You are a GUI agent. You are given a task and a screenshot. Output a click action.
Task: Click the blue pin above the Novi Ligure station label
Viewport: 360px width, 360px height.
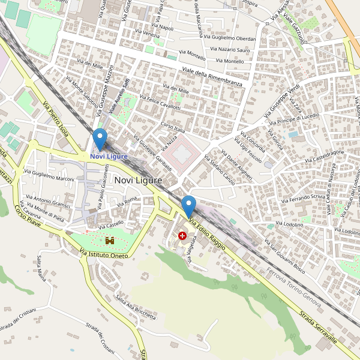100,139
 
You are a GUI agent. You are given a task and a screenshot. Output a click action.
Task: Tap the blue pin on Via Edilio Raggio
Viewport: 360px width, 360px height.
189,206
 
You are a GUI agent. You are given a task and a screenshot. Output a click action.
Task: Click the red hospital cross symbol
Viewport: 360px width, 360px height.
182,236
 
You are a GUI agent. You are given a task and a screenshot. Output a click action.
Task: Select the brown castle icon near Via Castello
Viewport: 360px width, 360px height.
110,240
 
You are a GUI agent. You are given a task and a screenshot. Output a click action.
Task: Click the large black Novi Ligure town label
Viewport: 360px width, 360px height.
138,180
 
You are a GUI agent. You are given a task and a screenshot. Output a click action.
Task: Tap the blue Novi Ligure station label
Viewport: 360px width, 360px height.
109,157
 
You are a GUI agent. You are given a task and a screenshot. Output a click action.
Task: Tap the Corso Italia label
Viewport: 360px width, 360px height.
172,127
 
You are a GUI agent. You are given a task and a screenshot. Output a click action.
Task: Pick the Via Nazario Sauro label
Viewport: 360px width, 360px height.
230,50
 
